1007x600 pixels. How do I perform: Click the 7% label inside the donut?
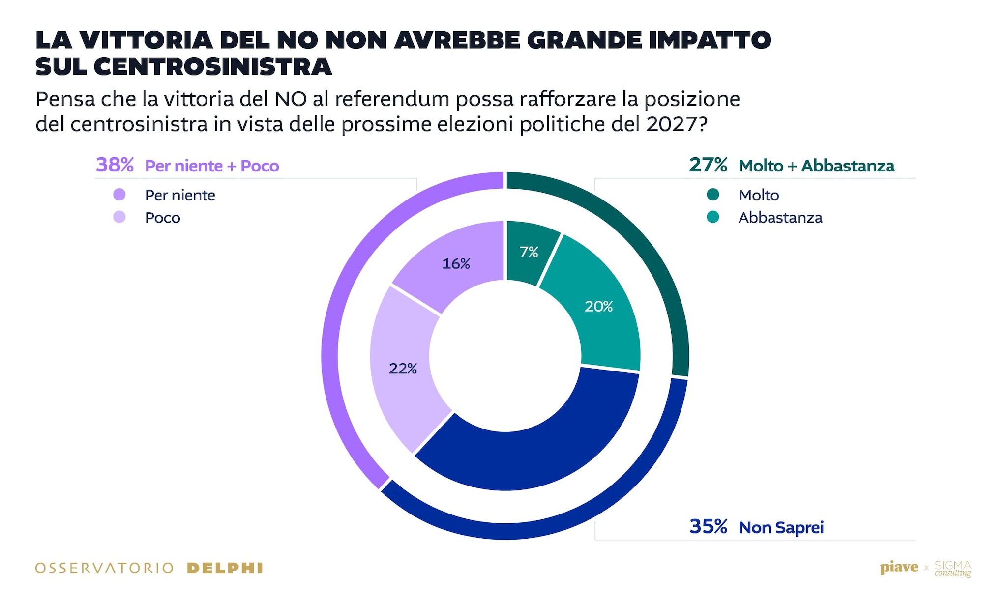point(529,252)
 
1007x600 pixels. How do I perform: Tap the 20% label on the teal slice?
point(598,307)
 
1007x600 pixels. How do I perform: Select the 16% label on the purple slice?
point(456,264)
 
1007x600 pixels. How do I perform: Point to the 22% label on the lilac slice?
point(403,369)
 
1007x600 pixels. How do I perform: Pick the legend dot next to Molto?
point(712,195)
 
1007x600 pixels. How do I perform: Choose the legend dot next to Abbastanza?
point(712,217)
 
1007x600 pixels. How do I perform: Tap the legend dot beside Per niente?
point(119,195)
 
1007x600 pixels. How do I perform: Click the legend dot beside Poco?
point(119,217)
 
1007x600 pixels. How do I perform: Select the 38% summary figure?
point(115,165)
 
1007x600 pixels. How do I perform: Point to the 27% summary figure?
point(708,165)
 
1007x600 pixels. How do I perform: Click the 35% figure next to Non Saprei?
point(708,527)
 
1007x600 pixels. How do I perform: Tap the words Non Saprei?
point(781,528)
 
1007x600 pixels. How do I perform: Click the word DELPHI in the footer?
point(225,569)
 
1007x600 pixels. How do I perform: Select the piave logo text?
point(899,568)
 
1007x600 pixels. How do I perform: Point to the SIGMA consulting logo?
point(952,569)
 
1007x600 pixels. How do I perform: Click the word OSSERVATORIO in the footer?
point(104,569)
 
